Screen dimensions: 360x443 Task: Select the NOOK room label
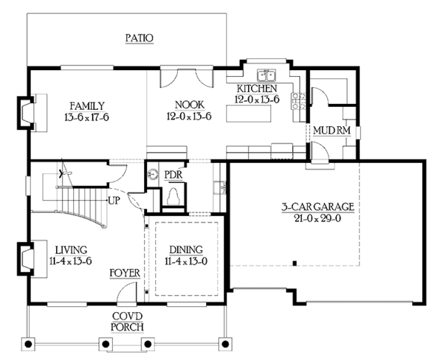(x=189, y=105)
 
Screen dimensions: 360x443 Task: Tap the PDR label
(x=174, y=174)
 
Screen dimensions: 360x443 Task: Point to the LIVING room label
(x=72, y=249)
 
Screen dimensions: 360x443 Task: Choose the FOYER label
(x=125, y=273)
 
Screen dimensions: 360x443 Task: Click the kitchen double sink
(x=265, y=75)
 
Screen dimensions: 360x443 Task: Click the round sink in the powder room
(x=153, y=175)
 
